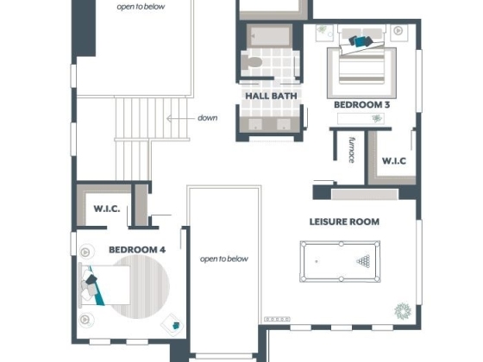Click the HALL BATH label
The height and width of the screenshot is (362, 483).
pos(271,96)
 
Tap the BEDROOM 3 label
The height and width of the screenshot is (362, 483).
pos(362,104)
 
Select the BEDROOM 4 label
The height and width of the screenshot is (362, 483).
pos(137,250)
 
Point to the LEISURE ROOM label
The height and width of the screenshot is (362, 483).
pos(344,222)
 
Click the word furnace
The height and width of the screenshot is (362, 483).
pos(352,150)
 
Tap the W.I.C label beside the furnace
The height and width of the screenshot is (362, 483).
pos(394,160)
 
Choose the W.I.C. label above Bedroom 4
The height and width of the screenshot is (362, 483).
pos(107,209)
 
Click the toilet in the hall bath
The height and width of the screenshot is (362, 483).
pos(251,62)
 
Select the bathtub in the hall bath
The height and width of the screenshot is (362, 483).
pos(269,35)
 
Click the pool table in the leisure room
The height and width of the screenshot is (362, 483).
pos(340,261)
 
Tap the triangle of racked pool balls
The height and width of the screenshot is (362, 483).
pos(363,261)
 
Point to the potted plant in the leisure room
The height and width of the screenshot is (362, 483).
pos(403,311)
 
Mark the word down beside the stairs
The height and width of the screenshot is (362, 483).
pos(208,117)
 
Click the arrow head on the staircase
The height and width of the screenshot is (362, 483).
pos(169,118)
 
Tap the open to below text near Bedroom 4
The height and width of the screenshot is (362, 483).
pos(224,259)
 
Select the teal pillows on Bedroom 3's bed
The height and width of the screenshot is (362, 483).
pos(361,41)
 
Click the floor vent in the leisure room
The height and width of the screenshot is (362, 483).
pos(277,319)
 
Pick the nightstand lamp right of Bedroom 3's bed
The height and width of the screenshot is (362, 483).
pos(398,31)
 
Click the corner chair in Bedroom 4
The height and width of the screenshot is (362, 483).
pos(172,325)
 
